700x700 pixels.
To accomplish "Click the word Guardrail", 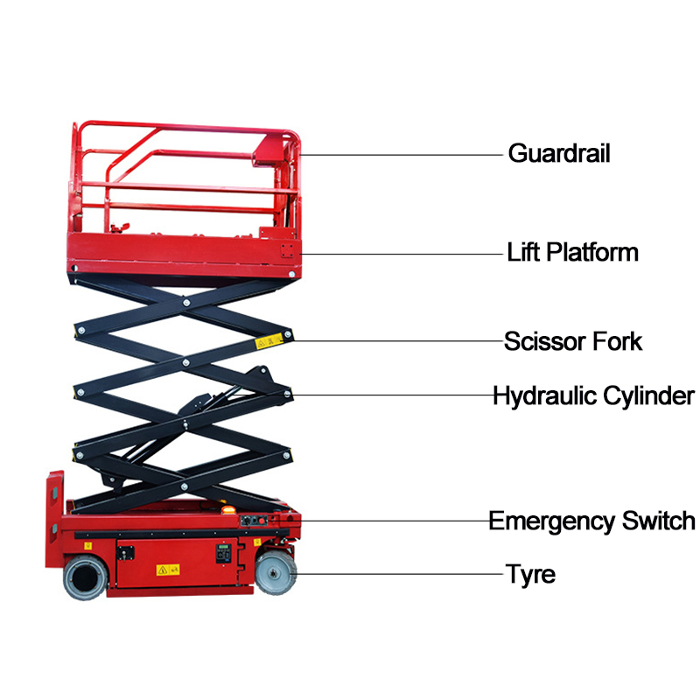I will (x=558, y=154).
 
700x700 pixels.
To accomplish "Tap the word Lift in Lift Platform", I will (x=525, y=253).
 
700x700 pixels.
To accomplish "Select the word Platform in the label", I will (x=593, y=253).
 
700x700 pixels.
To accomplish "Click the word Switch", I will (x=658, y=521).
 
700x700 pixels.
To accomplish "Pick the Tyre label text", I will (x=530, y=575).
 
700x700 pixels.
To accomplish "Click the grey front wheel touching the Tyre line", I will (x=276, y=574).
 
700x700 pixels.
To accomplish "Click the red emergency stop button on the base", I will (x=288, y=521).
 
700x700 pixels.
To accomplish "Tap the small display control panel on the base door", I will (x=226, y=554).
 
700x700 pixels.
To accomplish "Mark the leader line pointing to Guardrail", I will (x=402, y=155).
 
